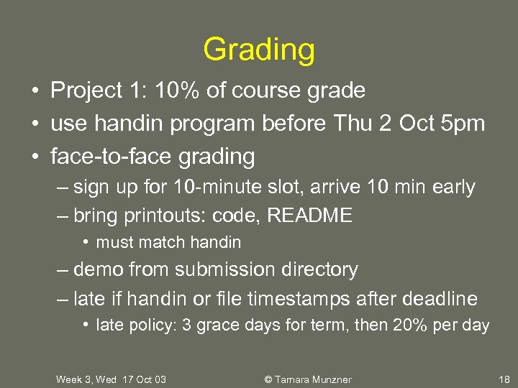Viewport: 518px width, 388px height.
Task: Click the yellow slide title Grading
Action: [x=259, y=50]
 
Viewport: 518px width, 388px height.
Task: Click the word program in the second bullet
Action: [x=212, y=123]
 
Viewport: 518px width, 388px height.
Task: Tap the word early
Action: [x=453, y=188]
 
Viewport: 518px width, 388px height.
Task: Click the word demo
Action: [x=99, y=270]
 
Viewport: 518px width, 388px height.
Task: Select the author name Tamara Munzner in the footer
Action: [x=314, y=379]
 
